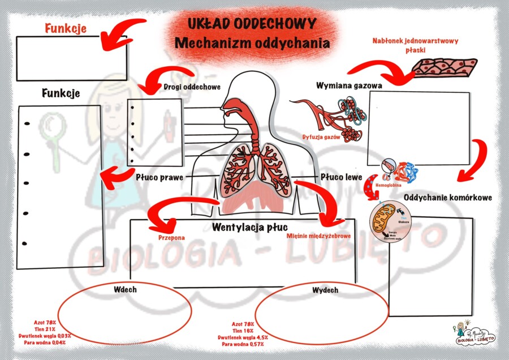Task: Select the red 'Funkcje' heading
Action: [66, 28]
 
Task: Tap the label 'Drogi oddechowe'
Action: [192, 87]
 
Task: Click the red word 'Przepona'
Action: [171, 238]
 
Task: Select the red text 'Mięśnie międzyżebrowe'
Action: [320, 237]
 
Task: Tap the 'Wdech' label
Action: [125, 289]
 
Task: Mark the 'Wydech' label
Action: [325, 290]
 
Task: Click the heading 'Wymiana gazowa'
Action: [349, 85]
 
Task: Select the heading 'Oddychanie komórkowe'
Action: [448, 198]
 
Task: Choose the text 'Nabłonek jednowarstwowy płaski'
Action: [415, 45]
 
